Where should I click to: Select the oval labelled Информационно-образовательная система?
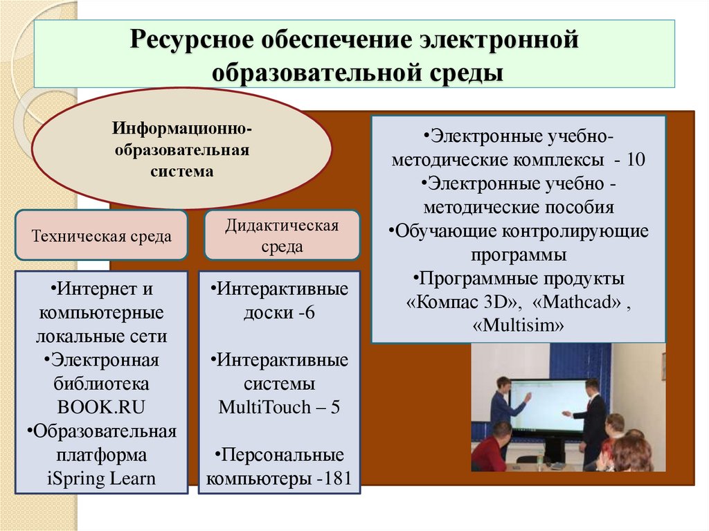click(x=182, y=150)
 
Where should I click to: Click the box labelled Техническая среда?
click(x=101, y=235)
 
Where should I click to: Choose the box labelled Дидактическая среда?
click(x=282, y=236)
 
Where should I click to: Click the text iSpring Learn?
click(x=102, y=478)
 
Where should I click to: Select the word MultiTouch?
click(x=259, y=406)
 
